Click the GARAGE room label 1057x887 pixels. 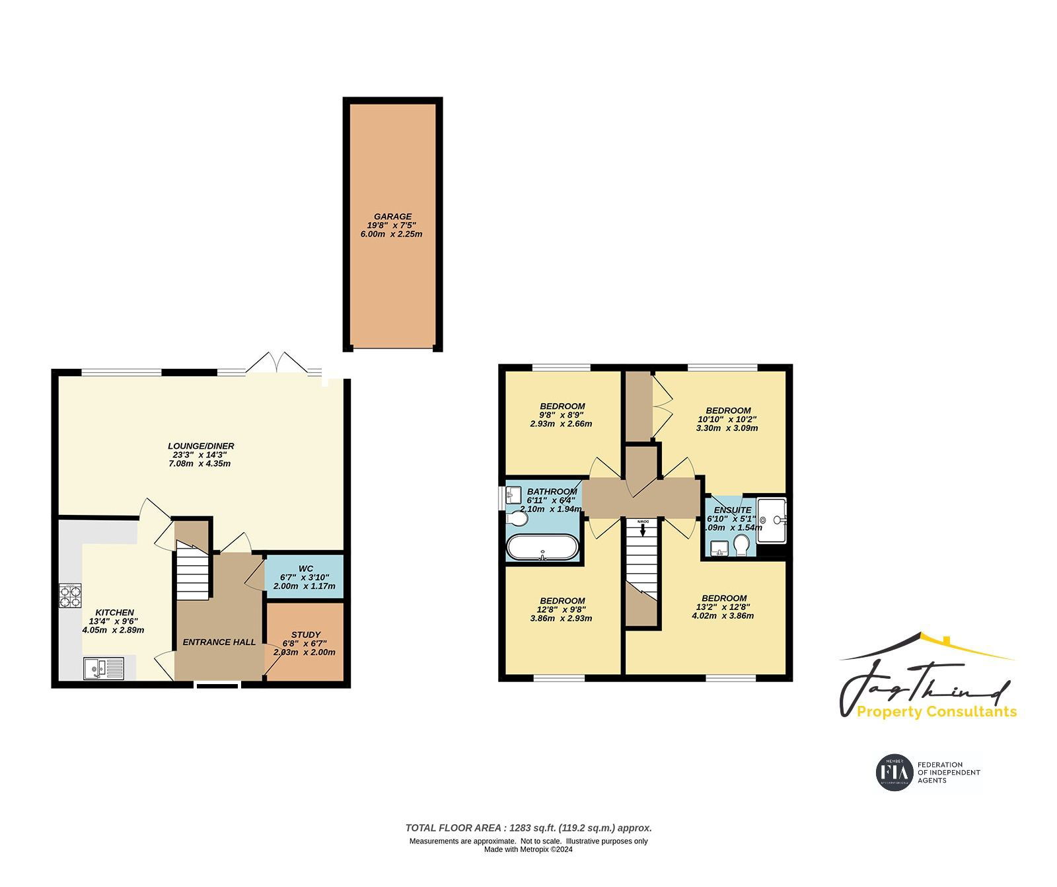392,216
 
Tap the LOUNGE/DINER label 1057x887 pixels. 200,446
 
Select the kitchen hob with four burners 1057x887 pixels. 69,596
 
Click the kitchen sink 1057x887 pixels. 104,668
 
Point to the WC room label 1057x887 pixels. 305,568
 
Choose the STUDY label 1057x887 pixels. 305,635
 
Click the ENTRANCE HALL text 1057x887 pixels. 219,642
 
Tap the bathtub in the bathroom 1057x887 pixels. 542,547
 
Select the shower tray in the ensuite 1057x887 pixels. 772,520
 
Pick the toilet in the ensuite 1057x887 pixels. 741,546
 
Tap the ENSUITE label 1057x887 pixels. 733,510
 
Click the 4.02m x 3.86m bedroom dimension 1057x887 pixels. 723,615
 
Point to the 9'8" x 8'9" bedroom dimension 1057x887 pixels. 562,415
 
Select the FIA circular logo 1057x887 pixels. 894,771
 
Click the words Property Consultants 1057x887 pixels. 936,712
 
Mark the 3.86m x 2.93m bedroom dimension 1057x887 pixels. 561,619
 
